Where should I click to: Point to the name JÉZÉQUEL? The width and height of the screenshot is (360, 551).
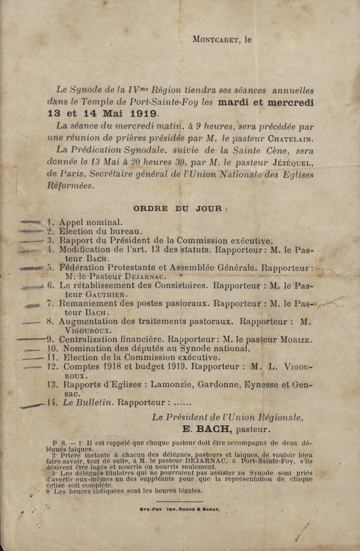[292, 163]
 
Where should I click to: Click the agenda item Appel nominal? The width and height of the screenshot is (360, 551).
[91, 222]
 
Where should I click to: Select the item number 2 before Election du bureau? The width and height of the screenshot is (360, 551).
[50, 231]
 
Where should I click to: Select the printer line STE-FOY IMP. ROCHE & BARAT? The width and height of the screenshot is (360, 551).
[180, 509]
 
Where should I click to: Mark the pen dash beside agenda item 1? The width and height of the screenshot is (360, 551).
[30, 222]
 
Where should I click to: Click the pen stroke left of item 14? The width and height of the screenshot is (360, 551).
[32, 406]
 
